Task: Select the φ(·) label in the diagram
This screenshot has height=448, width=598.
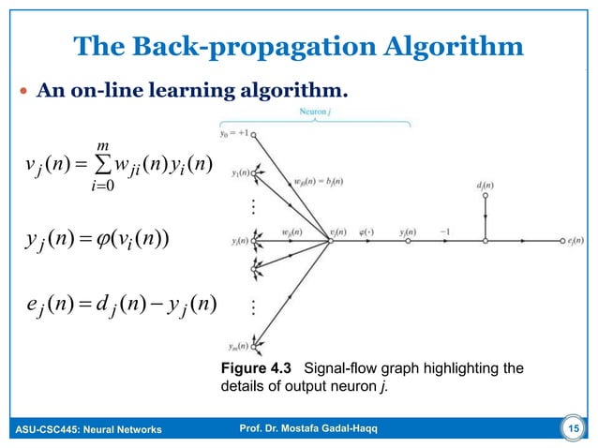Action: click(366, 231)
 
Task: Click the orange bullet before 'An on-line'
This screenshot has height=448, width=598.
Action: click(22, 94)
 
